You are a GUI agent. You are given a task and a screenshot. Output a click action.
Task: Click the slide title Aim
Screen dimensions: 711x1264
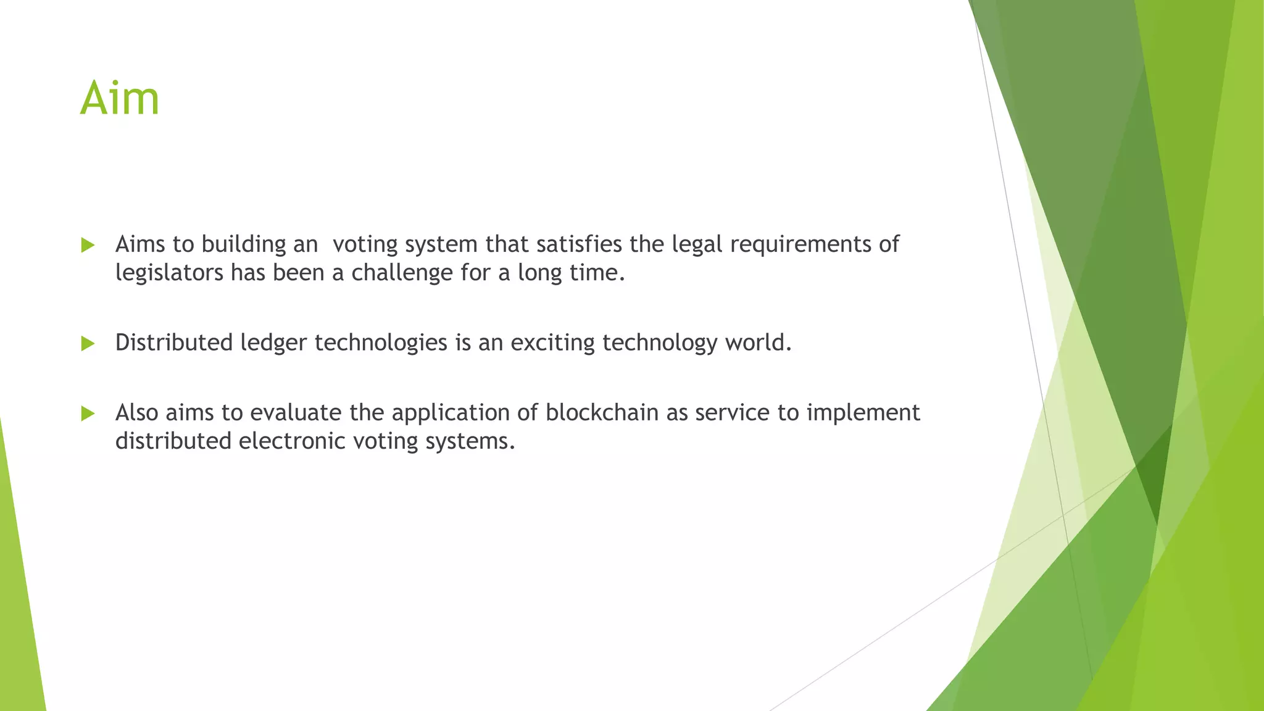[120, 98]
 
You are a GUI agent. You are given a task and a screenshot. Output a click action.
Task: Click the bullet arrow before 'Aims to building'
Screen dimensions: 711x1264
[88, 245]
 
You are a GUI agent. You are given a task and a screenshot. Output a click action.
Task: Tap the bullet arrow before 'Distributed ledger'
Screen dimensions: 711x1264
[88, 343]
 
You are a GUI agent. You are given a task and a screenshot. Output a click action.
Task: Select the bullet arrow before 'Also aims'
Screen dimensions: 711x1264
[88, 413]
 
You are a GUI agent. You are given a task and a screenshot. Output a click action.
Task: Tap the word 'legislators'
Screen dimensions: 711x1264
[169, 273]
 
